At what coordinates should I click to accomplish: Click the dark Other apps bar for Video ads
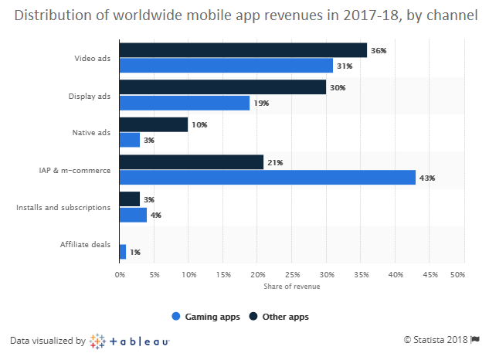[243, 50]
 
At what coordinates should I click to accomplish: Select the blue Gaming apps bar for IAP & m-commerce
[267, 178]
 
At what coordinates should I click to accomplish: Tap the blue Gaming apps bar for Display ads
[185, 103]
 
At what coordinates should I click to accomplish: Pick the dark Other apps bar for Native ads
[154, 124]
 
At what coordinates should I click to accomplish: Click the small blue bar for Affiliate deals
[123, 252]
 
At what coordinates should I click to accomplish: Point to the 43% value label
[427, 178]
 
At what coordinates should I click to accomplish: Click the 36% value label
[379, 50]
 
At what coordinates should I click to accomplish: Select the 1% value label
[135, 252]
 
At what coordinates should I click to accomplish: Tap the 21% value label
[275, 162]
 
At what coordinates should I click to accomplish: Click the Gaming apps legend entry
[202, 316]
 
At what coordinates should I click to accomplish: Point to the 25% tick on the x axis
[292, 274]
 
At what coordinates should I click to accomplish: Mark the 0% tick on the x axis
[120, 274]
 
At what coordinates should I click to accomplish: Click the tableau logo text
[139, 340]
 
